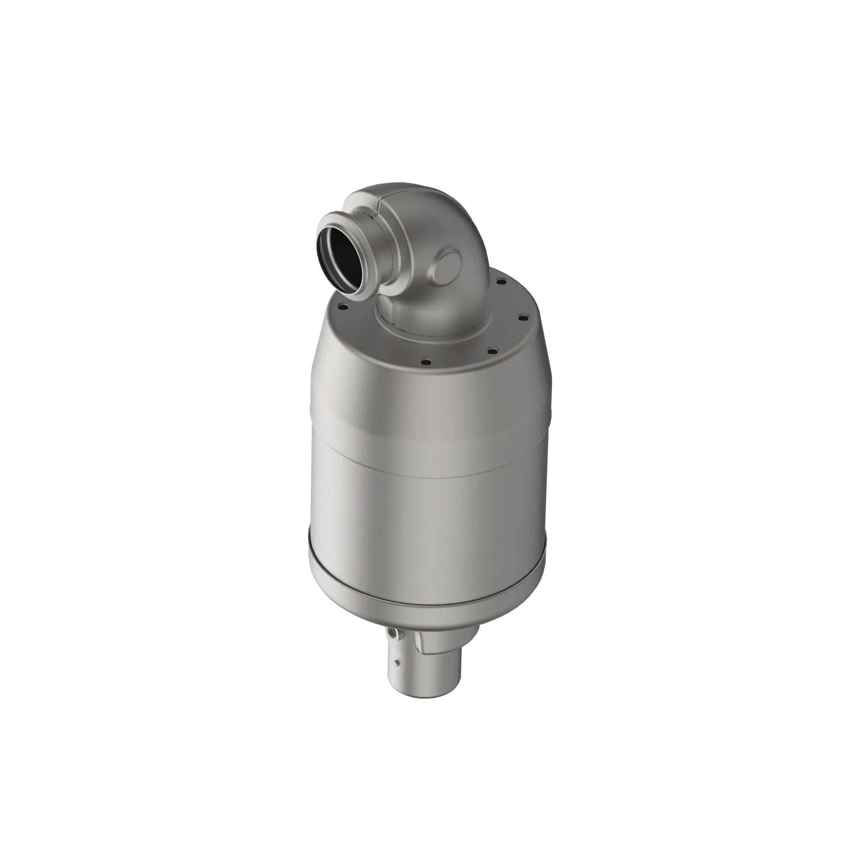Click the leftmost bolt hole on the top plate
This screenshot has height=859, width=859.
click(x=342, y=306)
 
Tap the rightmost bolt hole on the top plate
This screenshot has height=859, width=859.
click(x=523, y=317)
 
